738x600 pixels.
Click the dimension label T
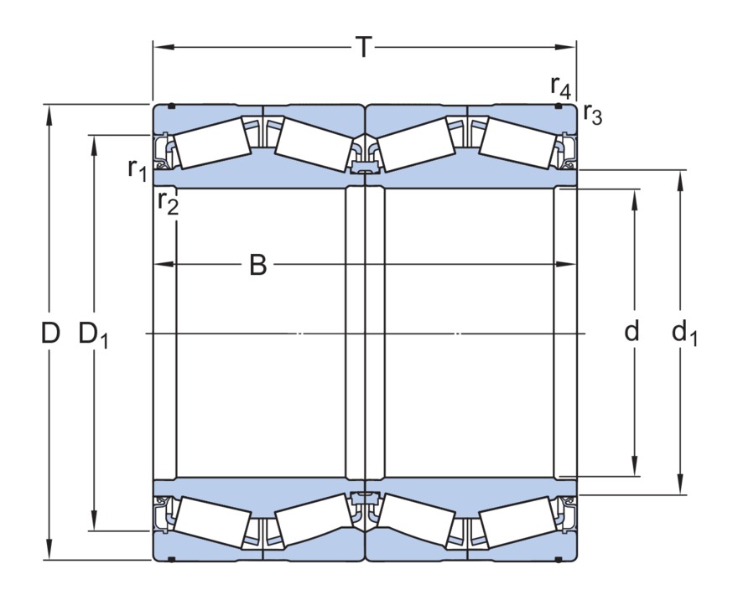coord(363,48)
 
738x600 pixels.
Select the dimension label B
coord(258,265)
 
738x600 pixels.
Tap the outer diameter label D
coord(51,334)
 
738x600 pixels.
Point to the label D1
coord(94,334)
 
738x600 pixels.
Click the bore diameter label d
coord(632,332)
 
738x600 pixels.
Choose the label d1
coord(684,334)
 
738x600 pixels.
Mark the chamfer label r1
coord(137,169)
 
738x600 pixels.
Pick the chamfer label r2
coord(168,203)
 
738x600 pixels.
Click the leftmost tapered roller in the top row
coord(211,142)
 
